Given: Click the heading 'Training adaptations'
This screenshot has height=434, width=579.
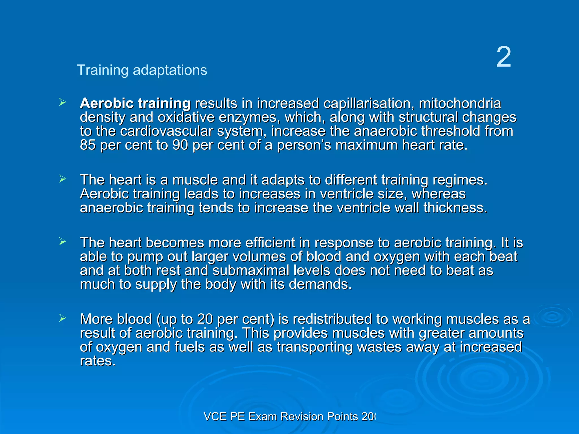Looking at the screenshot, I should point(142,70).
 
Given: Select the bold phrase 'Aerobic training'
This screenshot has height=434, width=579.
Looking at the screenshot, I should point(135,103).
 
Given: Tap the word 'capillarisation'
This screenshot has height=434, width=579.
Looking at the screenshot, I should point(367,103).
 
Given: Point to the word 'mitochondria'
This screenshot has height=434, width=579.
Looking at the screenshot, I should point(460,103).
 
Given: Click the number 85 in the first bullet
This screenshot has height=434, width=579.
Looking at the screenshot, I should point(88,145).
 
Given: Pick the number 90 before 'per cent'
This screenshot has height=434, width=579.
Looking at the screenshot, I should point(180,145).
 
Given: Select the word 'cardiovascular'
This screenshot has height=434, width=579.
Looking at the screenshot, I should point(166,131).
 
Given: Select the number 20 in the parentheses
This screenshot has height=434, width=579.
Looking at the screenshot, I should point(205,319).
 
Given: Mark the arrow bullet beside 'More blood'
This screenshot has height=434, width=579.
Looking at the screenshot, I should point(62,318).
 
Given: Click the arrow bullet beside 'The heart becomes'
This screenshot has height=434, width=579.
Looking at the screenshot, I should point(62,242).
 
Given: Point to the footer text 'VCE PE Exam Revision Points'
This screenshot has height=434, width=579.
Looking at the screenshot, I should point(280,416).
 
